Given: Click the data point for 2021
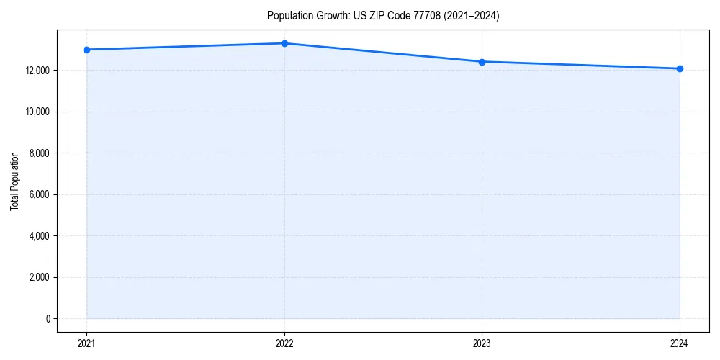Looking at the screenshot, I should coord(86,50).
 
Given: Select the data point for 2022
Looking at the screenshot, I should coord(284,43).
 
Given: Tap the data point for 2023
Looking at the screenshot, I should coord(482,62).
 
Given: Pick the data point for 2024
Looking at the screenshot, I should coord(680,68).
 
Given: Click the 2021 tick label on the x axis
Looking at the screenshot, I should coord(86,343).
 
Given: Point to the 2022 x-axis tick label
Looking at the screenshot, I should coord(284,343).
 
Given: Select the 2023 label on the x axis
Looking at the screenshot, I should coord(482,343).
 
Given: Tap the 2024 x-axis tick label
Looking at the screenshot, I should coord(680,343).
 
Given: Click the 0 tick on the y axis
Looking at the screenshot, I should coord(48,319).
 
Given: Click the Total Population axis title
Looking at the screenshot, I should coord(14,181).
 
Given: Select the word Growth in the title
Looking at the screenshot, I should coord(328,16).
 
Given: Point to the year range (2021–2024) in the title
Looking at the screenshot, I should coord(471,16).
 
